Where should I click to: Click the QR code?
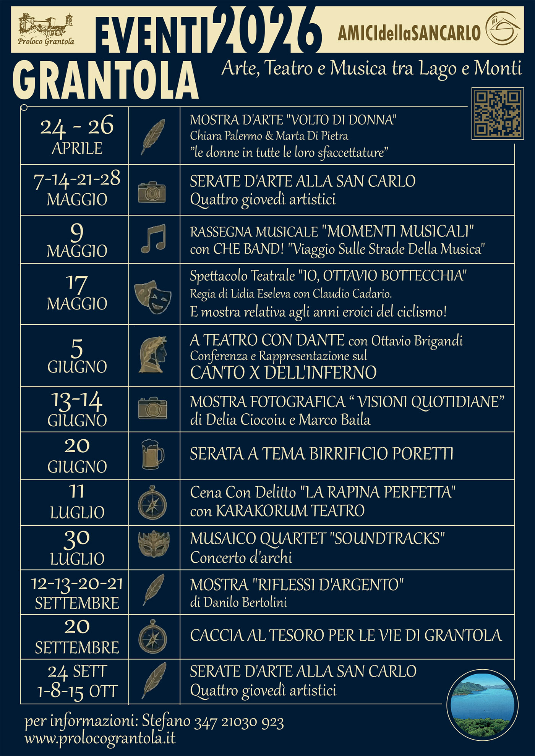(x=498, y=113)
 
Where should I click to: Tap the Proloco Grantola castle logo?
(x=46, y=29)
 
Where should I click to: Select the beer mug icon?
(x=152, y=455)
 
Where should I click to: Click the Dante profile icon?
(x=153, y=355)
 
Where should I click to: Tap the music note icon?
(x=153, y=239)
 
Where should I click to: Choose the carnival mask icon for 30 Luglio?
(x=153, y=543)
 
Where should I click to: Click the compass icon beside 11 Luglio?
(x=152, y=502)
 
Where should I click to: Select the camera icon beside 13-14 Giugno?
(x=152, y=408)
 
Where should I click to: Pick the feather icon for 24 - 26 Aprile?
(x=153, y=136)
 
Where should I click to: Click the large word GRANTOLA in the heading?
(x=105, y=81)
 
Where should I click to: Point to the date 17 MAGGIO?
(x=77, y=293)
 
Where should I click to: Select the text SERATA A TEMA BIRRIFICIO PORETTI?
(x=321, y=454)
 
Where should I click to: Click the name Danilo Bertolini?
(x=245, y=602)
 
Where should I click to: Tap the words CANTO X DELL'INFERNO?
(x=283, y=372)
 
